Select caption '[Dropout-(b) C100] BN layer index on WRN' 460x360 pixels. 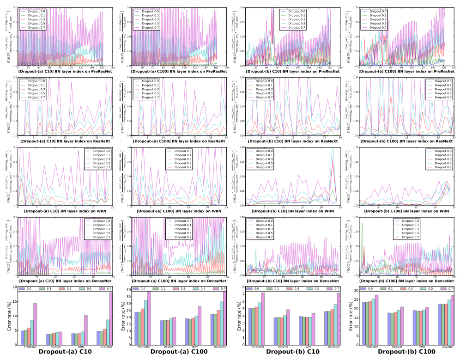click(x=403, y=211)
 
